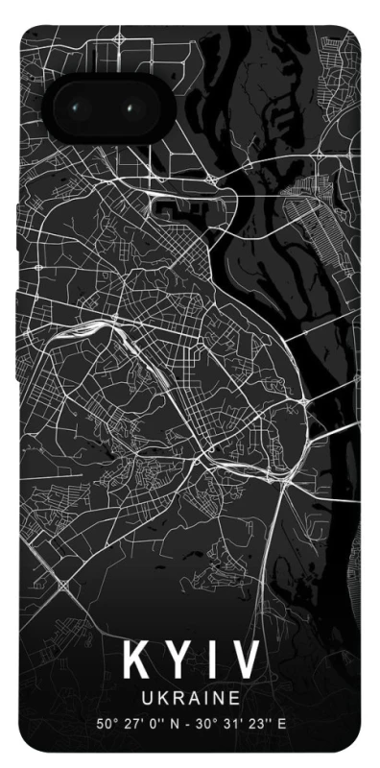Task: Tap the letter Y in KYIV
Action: tap(175, 661)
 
